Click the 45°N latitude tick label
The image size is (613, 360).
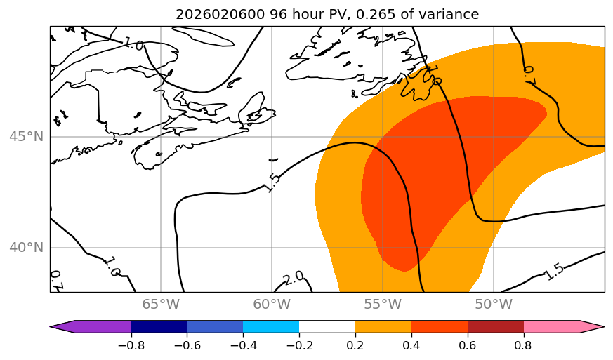27,136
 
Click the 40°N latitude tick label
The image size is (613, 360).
27,248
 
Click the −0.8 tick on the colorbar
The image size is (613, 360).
131,345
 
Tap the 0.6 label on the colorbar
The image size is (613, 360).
468,345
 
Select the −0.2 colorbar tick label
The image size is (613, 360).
299,345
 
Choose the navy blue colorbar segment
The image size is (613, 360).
159,326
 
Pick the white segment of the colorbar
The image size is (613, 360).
327,326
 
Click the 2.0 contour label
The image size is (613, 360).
294,277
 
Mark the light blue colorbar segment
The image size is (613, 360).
271,326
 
